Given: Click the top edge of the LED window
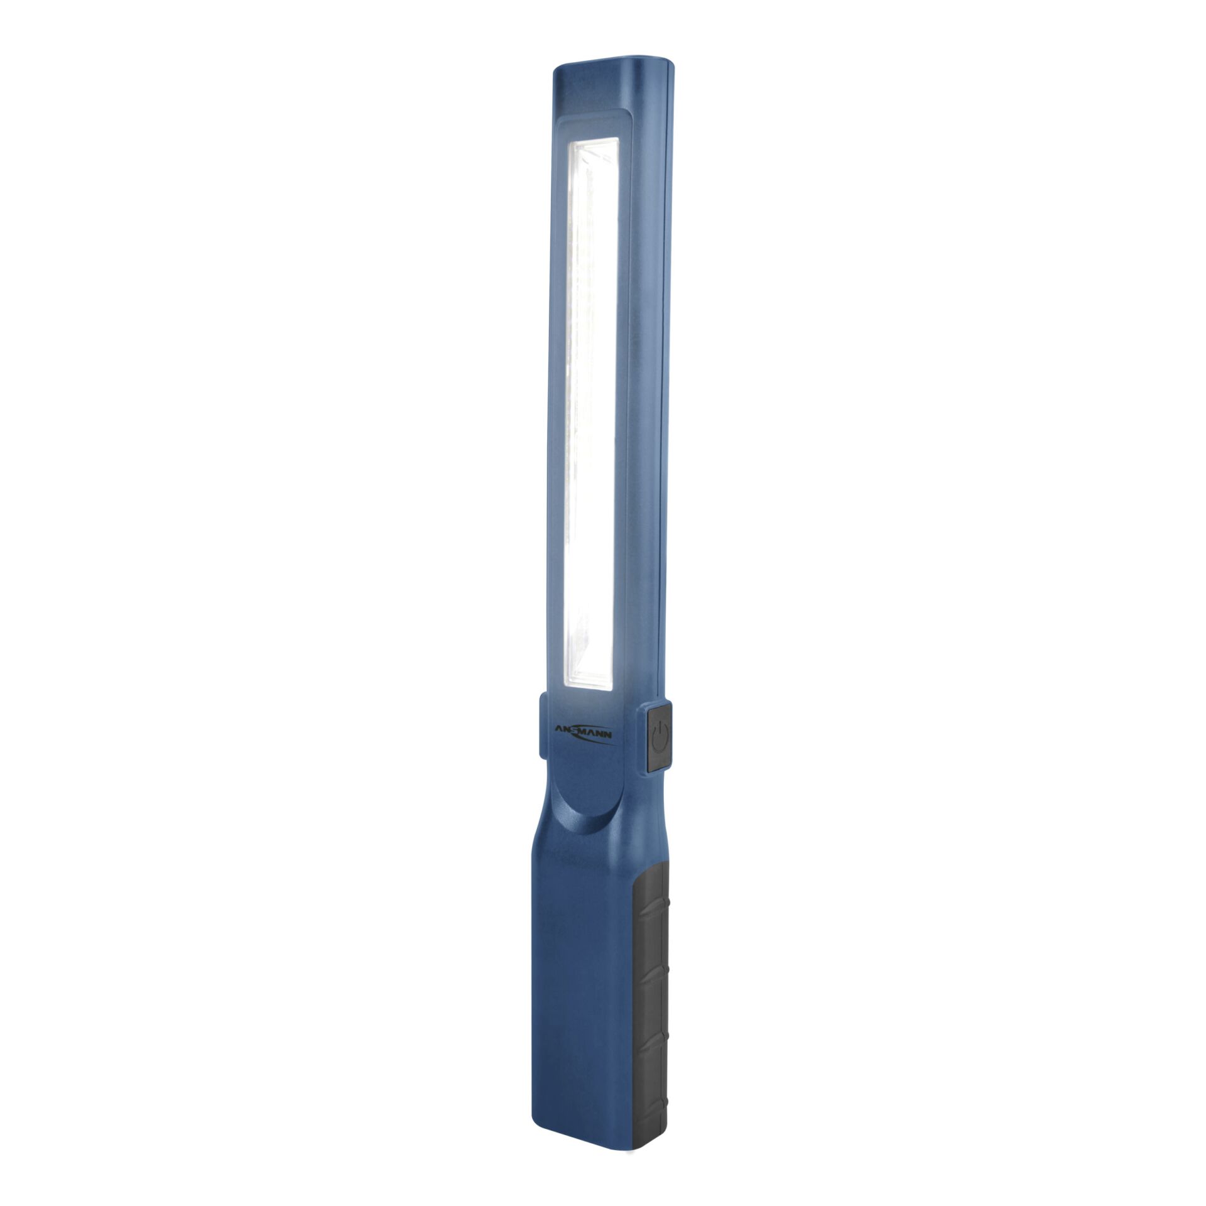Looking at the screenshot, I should coord(594,141).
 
